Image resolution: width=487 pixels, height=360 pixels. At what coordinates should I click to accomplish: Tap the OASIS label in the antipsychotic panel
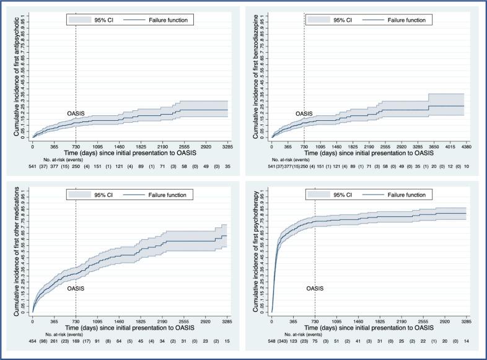point(76,113)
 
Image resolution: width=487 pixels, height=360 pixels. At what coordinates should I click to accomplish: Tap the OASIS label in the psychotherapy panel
point(315,288)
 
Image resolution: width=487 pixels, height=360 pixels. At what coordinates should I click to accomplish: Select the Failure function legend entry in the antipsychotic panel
point(159,20)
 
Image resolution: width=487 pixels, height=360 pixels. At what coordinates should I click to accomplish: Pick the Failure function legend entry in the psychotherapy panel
point(398,194)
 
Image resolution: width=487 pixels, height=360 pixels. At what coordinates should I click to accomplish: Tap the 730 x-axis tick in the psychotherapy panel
point(315,322)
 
